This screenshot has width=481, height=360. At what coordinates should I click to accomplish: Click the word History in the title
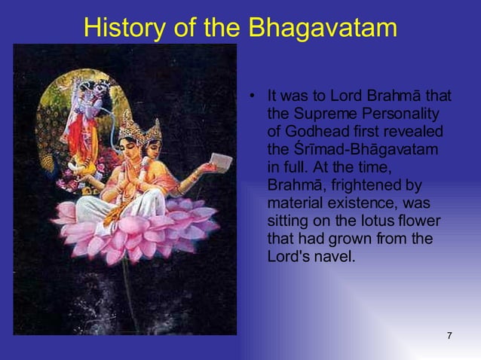(x=123, y=28)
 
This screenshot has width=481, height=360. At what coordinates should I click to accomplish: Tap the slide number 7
(x=449, y=335)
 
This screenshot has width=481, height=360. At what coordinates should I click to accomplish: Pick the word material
(x=295, y=203)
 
